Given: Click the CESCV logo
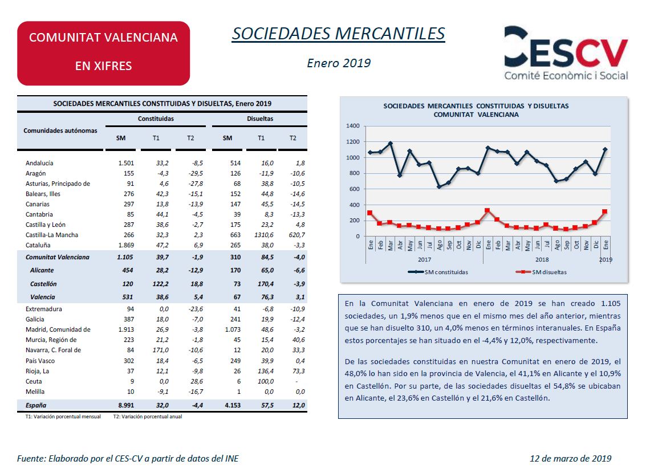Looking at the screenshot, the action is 566,52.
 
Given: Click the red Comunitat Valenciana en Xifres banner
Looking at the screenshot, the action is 103,53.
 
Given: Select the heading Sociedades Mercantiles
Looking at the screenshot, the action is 338,34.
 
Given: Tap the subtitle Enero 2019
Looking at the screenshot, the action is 339,63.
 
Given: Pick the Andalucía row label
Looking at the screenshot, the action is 39,163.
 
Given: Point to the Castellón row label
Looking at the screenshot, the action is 43,284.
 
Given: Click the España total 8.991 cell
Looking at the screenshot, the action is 126,406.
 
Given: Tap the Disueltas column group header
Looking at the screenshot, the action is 260,119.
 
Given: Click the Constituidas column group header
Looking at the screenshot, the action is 156,119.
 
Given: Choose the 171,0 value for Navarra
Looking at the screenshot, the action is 161,350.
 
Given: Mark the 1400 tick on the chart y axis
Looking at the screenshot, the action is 353,126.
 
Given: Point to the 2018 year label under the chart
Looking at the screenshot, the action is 542,259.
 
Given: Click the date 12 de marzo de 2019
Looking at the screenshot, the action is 571,459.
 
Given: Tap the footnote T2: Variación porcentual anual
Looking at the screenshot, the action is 148,417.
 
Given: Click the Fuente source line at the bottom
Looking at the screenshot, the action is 128,459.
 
